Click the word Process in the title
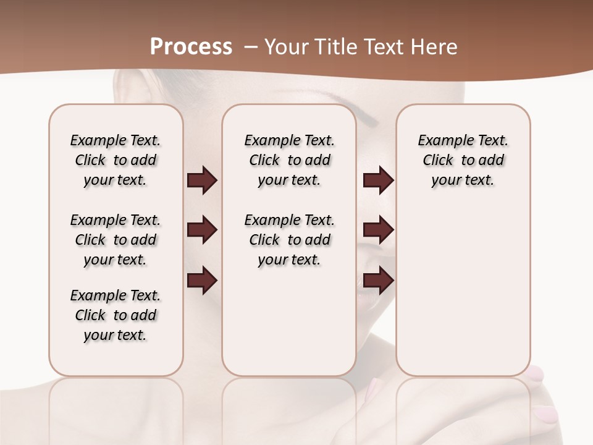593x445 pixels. (191, 47)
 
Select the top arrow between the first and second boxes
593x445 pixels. (202, 180)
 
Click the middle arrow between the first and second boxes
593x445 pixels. (202, 230)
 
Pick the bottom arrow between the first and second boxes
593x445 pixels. (202, 280)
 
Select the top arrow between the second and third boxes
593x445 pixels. (378, 180)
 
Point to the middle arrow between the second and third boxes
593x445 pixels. (378, 230)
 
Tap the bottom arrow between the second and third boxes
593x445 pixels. (378, 280)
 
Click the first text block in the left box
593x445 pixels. (116, 160)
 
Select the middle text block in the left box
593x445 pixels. (116, 240)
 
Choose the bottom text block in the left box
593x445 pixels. (116, 315)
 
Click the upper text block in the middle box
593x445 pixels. (290, 160)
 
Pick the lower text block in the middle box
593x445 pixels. (290, 240)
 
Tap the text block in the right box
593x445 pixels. (463, 160)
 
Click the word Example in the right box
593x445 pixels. (443, 141)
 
